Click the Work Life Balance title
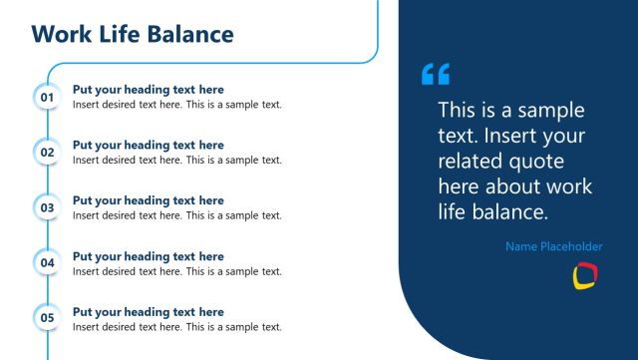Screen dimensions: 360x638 click(133, 35)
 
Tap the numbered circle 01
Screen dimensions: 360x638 click(47, 97)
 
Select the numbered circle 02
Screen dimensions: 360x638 click(47, 153)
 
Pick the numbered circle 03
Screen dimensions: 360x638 click(47, 207)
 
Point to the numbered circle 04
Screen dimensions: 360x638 click(47, 263)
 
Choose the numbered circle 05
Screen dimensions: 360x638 click(47, 319)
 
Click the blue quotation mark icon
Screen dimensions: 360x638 click(436, 74)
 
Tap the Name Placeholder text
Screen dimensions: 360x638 click(553, 246)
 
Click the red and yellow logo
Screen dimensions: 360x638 click(584, 276)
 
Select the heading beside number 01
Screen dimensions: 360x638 click(149, 90)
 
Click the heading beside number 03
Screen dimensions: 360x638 click(149, 200)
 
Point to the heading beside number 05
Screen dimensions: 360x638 click(149, 312)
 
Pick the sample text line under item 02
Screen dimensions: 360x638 click(177, 160)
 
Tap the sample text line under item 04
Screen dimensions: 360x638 click(177, 271)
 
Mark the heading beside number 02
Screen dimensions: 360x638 click(149, 146)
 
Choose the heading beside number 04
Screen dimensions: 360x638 click(149, 256)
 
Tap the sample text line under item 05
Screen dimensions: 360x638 click(177, 326)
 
